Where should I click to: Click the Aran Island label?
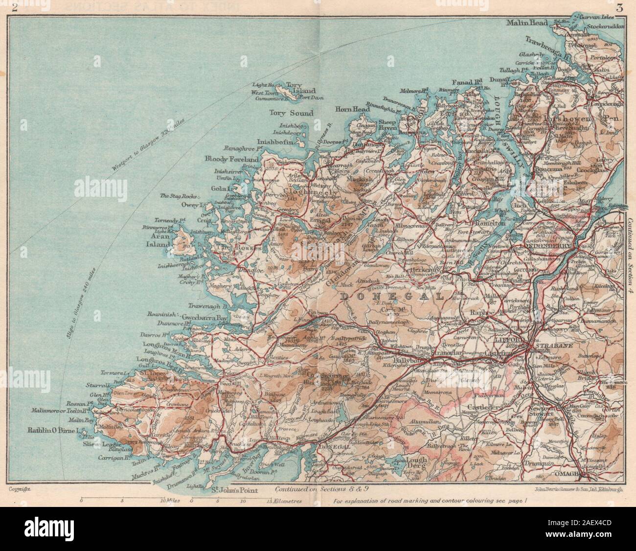164,238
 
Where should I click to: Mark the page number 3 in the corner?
620,7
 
